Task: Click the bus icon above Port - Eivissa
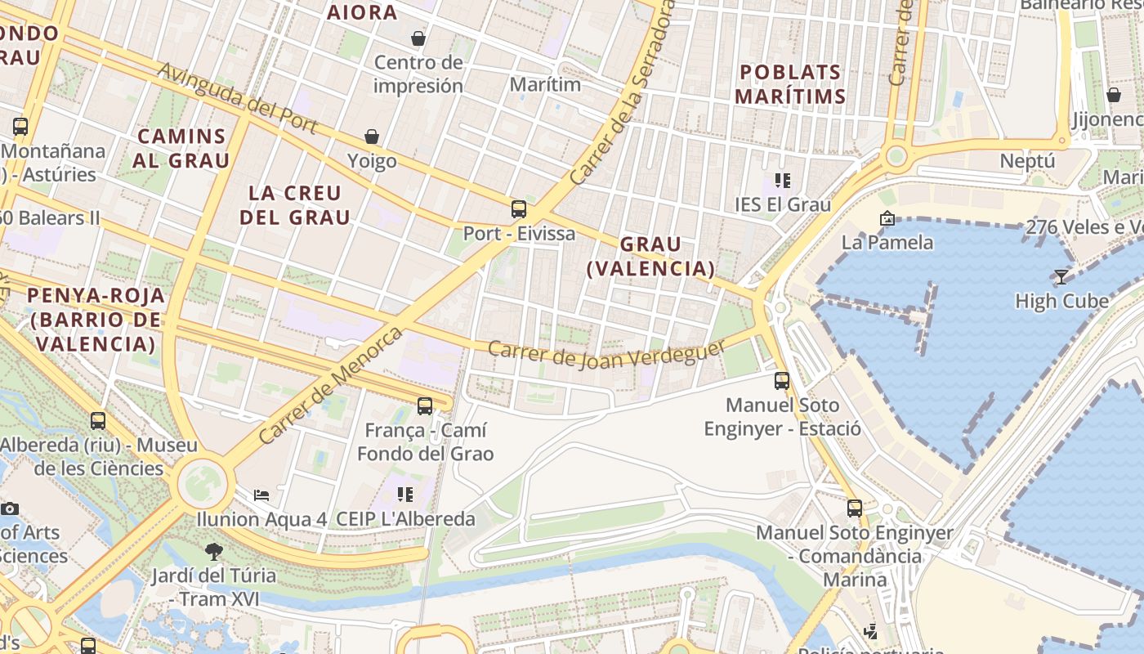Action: click(x=519, y=209)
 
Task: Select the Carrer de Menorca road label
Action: click(x=330, y=385)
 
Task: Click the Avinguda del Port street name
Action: click(x=237, y=98)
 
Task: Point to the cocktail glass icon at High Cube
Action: click(x=1061, y=277)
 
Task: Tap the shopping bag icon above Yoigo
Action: click(x=372, y=137)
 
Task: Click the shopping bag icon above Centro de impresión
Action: click(x=418, y=38)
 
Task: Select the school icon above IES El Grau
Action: click(x=783, y=181)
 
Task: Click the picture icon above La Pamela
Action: click(x=887, y=218)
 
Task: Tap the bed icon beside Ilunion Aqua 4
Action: click(x=261, y=495)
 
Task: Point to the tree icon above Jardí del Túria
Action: click(x=214, y=552)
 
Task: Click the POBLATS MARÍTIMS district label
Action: click(x=790, y=84)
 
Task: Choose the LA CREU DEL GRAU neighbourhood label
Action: click(x=295, y=205)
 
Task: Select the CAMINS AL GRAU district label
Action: click(x=181, y=148)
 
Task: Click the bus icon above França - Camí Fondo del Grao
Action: click(x=425, y=405)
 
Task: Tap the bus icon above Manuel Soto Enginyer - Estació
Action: click(x=782, y=380)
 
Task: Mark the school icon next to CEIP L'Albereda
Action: click(x=405, y=495)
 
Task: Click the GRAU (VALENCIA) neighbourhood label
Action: click(x=650, y=256)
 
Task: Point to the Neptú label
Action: click(x=1027, y=161)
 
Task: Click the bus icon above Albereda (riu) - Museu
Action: click(x=98, y=421)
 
